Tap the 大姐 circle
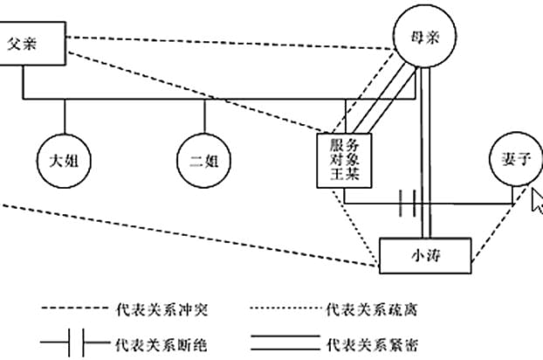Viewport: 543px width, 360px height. (64, 161)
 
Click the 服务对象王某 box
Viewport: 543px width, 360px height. (344, 160)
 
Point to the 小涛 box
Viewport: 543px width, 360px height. (425, 254)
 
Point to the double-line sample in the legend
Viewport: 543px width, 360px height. (279, 343)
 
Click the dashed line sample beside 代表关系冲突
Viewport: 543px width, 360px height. (74, 309)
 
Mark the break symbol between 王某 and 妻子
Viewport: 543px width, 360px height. (406, 204)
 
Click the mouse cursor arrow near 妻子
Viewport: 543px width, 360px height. (536, 200)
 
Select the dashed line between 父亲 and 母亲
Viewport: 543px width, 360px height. (227, 41)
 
